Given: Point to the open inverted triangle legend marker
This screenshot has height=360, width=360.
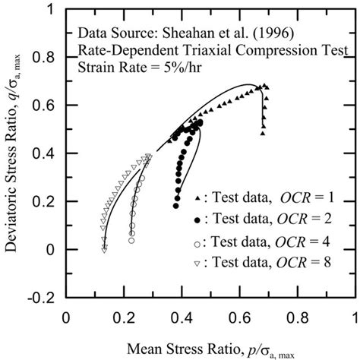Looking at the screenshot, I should click(199, 264).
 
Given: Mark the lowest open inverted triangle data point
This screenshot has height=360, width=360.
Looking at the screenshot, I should click(104, 249).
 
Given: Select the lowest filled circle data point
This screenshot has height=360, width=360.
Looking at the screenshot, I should click(176, 205).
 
